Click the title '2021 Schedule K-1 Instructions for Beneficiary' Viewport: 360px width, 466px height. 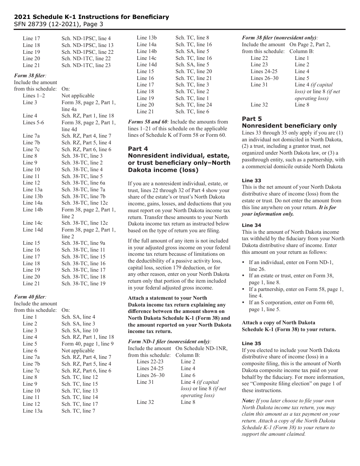[x=91, y=17]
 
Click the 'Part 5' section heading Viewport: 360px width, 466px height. [x=252, y=119]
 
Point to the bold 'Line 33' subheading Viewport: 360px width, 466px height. [x=251, y=180]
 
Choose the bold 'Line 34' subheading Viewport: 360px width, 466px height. [x=251, y=225]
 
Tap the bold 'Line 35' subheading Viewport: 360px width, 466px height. [x=251, y=343]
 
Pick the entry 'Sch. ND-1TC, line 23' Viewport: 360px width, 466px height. [x=86, y=65]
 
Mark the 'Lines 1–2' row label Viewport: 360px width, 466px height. [x=34, y=95]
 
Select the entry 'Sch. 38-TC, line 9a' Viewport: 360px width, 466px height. [x=83, y=243]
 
